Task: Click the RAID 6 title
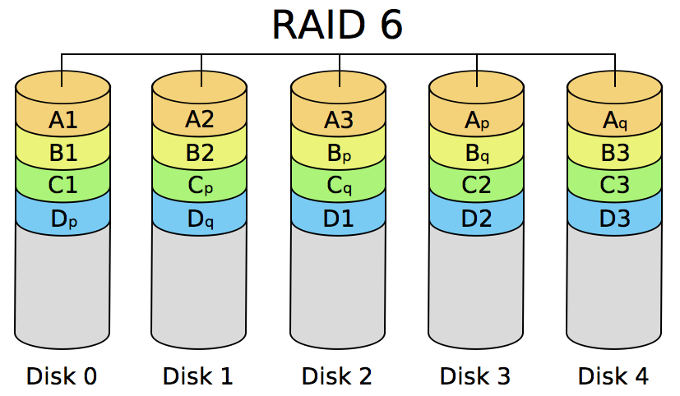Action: click(x=337, y=25)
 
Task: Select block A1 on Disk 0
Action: click(x=62, y=121)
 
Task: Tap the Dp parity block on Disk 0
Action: click(x=62, y=219)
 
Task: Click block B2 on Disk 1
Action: click(x=200, y=153)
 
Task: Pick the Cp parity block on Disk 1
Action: click(x=200, y=186)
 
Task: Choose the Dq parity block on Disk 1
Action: click(x=200, y=219)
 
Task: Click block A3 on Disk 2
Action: click(x=338, y=121)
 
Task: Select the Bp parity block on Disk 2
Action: click(x=338, y=154)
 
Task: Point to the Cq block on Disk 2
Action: click(x=338, y=186)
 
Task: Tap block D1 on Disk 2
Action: click(x=338, y=219)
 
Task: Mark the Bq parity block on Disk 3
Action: click(x=476, y=154)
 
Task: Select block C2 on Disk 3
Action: click(x=476, y=186)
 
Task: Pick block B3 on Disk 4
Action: click(x=614, y=153)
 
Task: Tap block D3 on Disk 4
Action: click(x=614, y=219)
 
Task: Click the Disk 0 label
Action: click(x=62, y=376)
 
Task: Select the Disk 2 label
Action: click(x=337, y=376)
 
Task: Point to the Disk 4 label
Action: click(x=613, y=376)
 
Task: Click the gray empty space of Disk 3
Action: click(x=476, y=288)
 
